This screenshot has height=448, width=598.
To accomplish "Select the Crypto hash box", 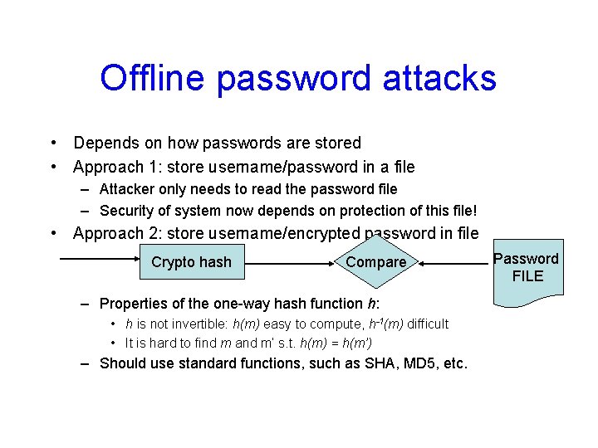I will coord(191,262).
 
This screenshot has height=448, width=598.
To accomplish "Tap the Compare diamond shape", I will coord(376,262).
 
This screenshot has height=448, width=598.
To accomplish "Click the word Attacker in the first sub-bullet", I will coord(129,189).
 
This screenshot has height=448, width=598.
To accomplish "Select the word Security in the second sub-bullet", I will coord(127,211).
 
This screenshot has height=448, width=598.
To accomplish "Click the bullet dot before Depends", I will coord(52,144).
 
